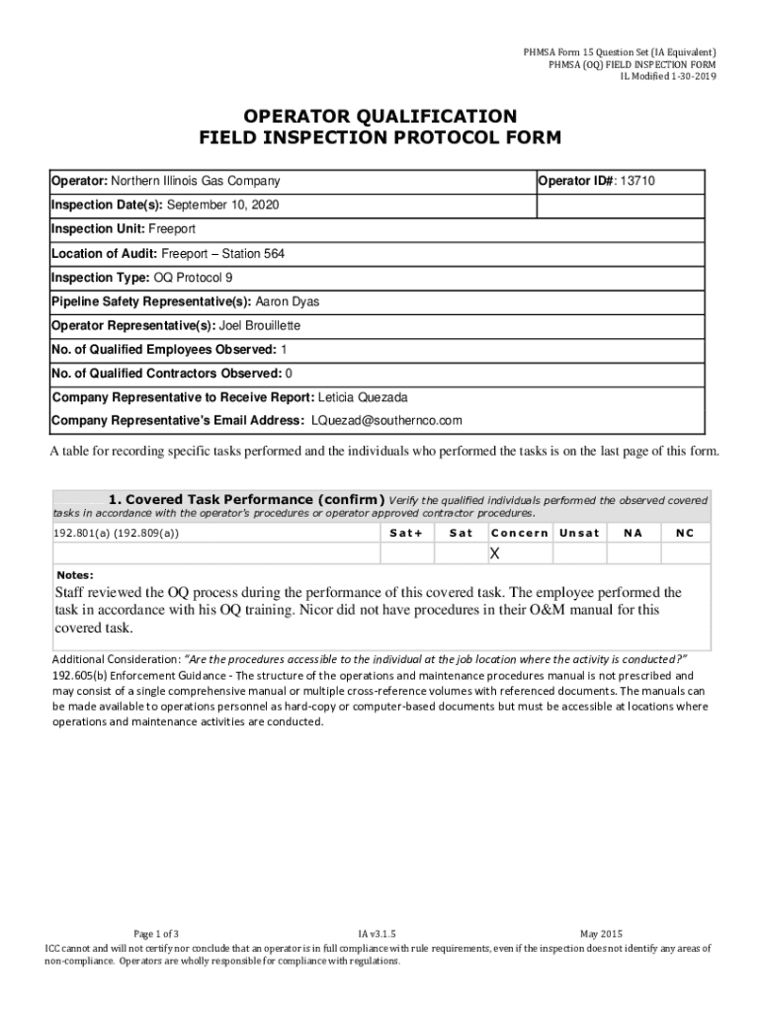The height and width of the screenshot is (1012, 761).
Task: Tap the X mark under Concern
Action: click(495, 552)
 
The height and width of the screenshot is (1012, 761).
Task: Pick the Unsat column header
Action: click(579, 533)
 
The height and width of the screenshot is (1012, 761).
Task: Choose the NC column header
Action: click(684, 533)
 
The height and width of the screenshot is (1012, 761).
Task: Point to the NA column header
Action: click(632, 533)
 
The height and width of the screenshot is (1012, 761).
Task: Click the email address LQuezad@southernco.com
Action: click(386, 420)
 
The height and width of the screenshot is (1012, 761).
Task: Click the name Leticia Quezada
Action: click(363, 397)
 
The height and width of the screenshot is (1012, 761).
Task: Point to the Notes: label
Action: click(74, 574)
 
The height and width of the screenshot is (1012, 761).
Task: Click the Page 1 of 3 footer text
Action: click(156, 933)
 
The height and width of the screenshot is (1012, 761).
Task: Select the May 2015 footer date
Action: click(601, 933)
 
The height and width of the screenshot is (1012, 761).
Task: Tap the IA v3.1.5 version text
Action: click(377, 933)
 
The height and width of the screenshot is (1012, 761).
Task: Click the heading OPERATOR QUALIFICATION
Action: click(380, 116)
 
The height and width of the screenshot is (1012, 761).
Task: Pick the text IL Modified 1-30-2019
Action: click(668, 77)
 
